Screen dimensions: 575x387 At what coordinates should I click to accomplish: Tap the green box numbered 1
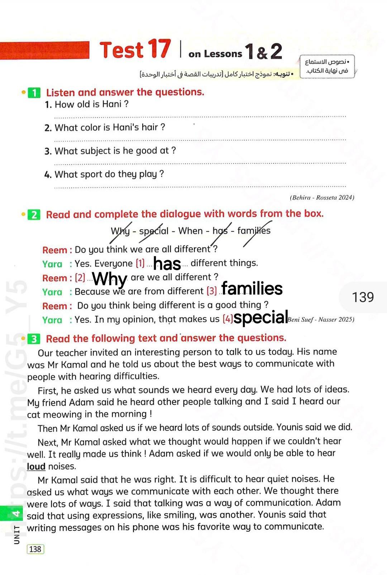[34, 93]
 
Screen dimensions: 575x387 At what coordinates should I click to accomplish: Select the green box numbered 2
[34, 215]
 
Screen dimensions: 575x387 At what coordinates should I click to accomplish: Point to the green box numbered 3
[34, 339]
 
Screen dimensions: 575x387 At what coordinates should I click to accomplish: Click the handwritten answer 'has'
[167, 264]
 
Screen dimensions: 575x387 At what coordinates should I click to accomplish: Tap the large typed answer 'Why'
[110, 279]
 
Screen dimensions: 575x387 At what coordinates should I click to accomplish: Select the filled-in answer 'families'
[252, 288]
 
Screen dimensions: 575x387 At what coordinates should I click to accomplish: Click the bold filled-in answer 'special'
[261, 318]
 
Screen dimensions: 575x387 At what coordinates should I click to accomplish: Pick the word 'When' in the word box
[190, 231]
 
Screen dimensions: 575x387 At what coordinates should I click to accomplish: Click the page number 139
[363, 297]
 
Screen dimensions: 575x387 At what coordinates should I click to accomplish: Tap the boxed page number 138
[35, 549]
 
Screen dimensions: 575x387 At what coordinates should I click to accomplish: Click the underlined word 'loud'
[36, 466]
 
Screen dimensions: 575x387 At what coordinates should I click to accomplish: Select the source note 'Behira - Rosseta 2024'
[322, 197]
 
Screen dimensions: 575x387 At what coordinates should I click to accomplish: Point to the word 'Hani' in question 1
[112, 104]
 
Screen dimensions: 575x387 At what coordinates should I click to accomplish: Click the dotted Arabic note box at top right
[327, 66]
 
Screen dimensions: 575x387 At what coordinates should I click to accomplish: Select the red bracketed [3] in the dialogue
[212, 291]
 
